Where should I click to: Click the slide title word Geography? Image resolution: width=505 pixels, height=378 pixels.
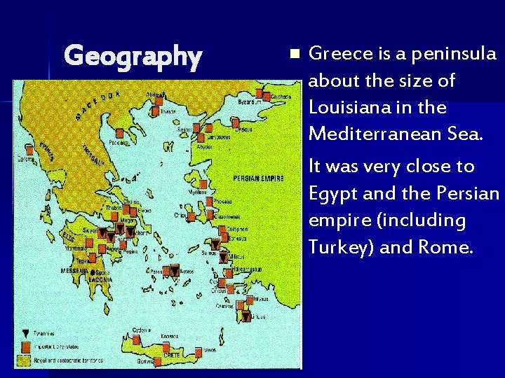click(133, 55)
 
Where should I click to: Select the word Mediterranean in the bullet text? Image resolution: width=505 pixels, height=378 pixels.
click(362, 133)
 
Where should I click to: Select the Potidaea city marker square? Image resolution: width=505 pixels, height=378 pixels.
click(120, 132)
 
